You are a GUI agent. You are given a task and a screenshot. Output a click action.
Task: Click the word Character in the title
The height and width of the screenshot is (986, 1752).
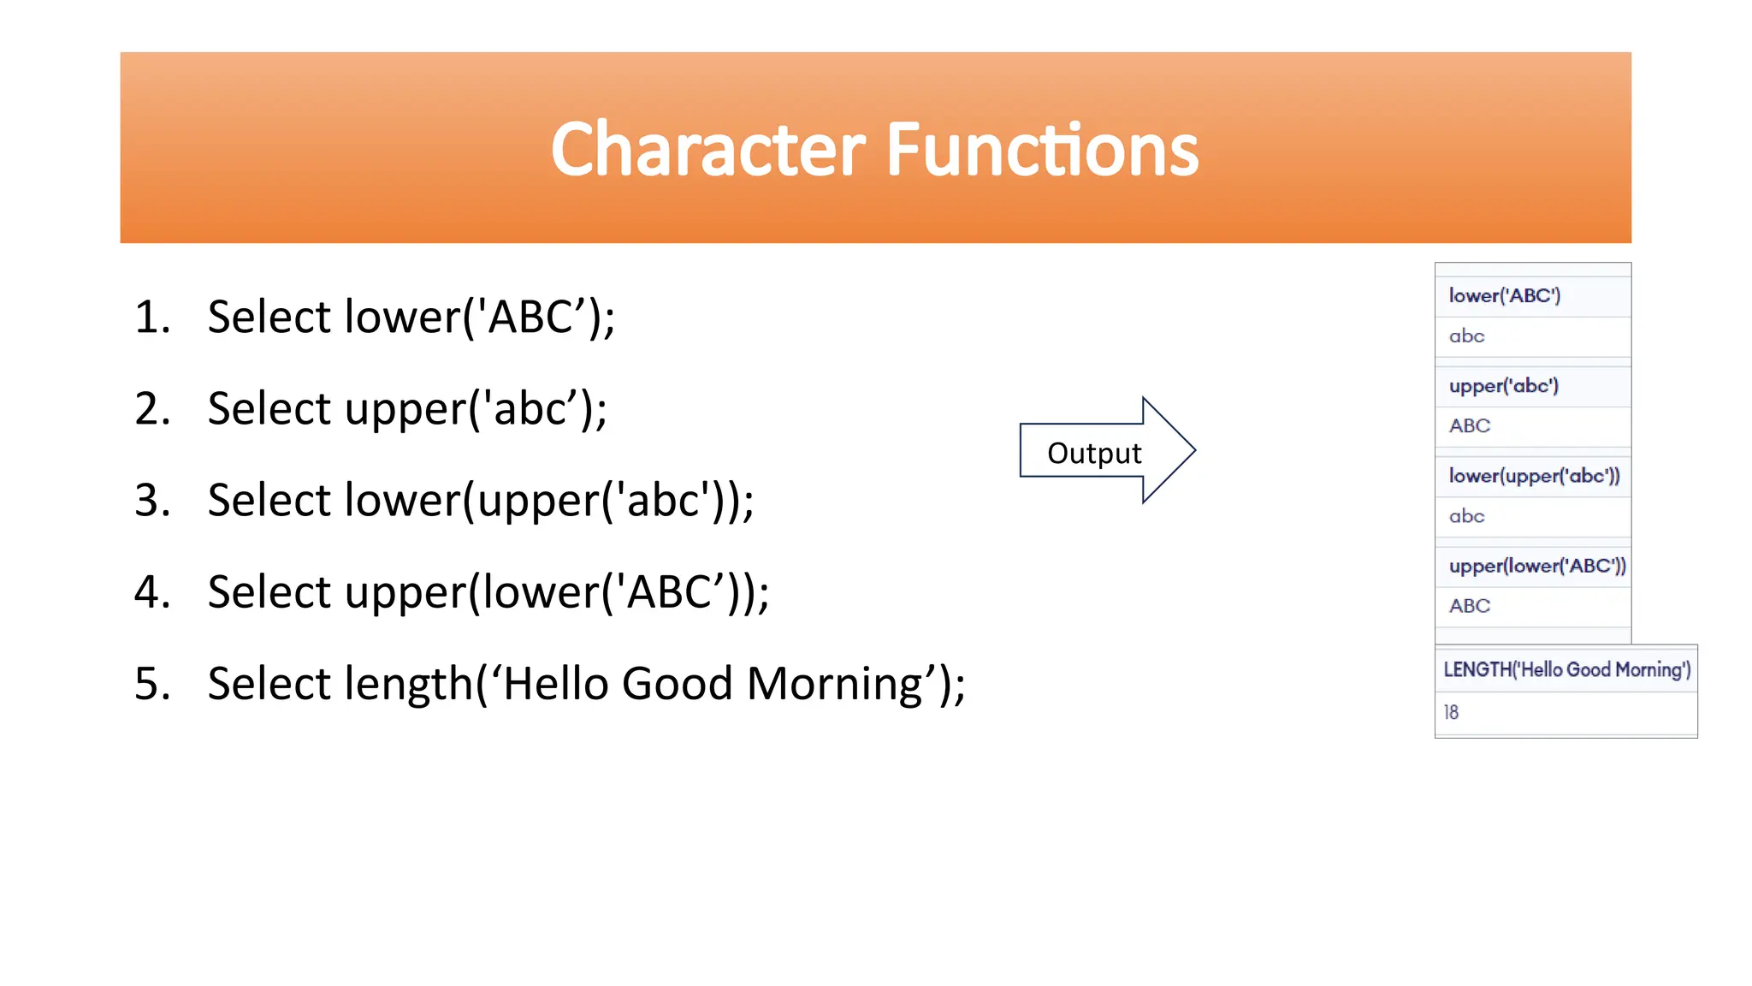(708, 150)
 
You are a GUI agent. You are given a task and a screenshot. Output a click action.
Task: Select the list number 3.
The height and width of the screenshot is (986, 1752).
(151, 501)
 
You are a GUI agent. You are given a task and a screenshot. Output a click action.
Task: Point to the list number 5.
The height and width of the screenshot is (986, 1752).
(151, 684)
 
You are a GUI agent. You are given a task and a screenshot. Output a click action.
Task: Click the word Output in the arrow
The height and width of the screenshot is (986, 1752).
(1093, 453)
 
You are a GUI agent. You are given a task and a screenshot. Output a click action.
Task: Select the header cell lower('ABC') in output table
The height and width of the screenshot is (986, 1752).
(1504, 296)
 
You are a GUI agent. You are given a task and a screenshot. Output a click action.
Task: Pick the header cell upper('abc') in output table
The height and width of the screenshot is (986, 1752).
(1503, 386)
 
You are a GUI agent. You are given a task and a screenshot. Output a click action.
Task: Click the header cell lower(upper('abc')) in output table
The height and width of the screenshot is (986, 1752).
(1533, 476)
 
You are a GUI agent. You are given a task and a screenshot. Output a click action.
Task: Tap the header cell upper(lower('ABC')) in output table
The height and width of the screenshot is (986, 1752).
(1536, 566)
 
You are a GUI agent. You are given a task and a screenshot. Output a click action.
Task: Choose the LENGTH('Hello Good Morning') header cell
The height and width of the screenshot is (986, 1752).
(1566, 669)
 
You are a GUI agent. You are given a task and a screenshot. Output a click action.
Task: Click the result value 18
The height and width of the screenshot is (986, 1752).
(1451, 712)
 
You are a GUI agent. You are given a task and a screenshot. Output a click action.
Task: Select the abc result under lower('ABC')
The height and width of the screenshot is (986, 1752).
(1466, 336)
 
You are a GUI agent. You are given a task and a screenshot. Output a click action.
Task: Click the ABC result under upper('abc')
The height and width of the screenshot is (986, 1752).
(1469, 426)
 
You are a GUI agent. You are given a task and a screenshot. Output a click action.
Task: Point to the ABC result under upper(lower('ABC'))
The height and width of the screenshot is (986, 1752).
(1469, 606)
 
